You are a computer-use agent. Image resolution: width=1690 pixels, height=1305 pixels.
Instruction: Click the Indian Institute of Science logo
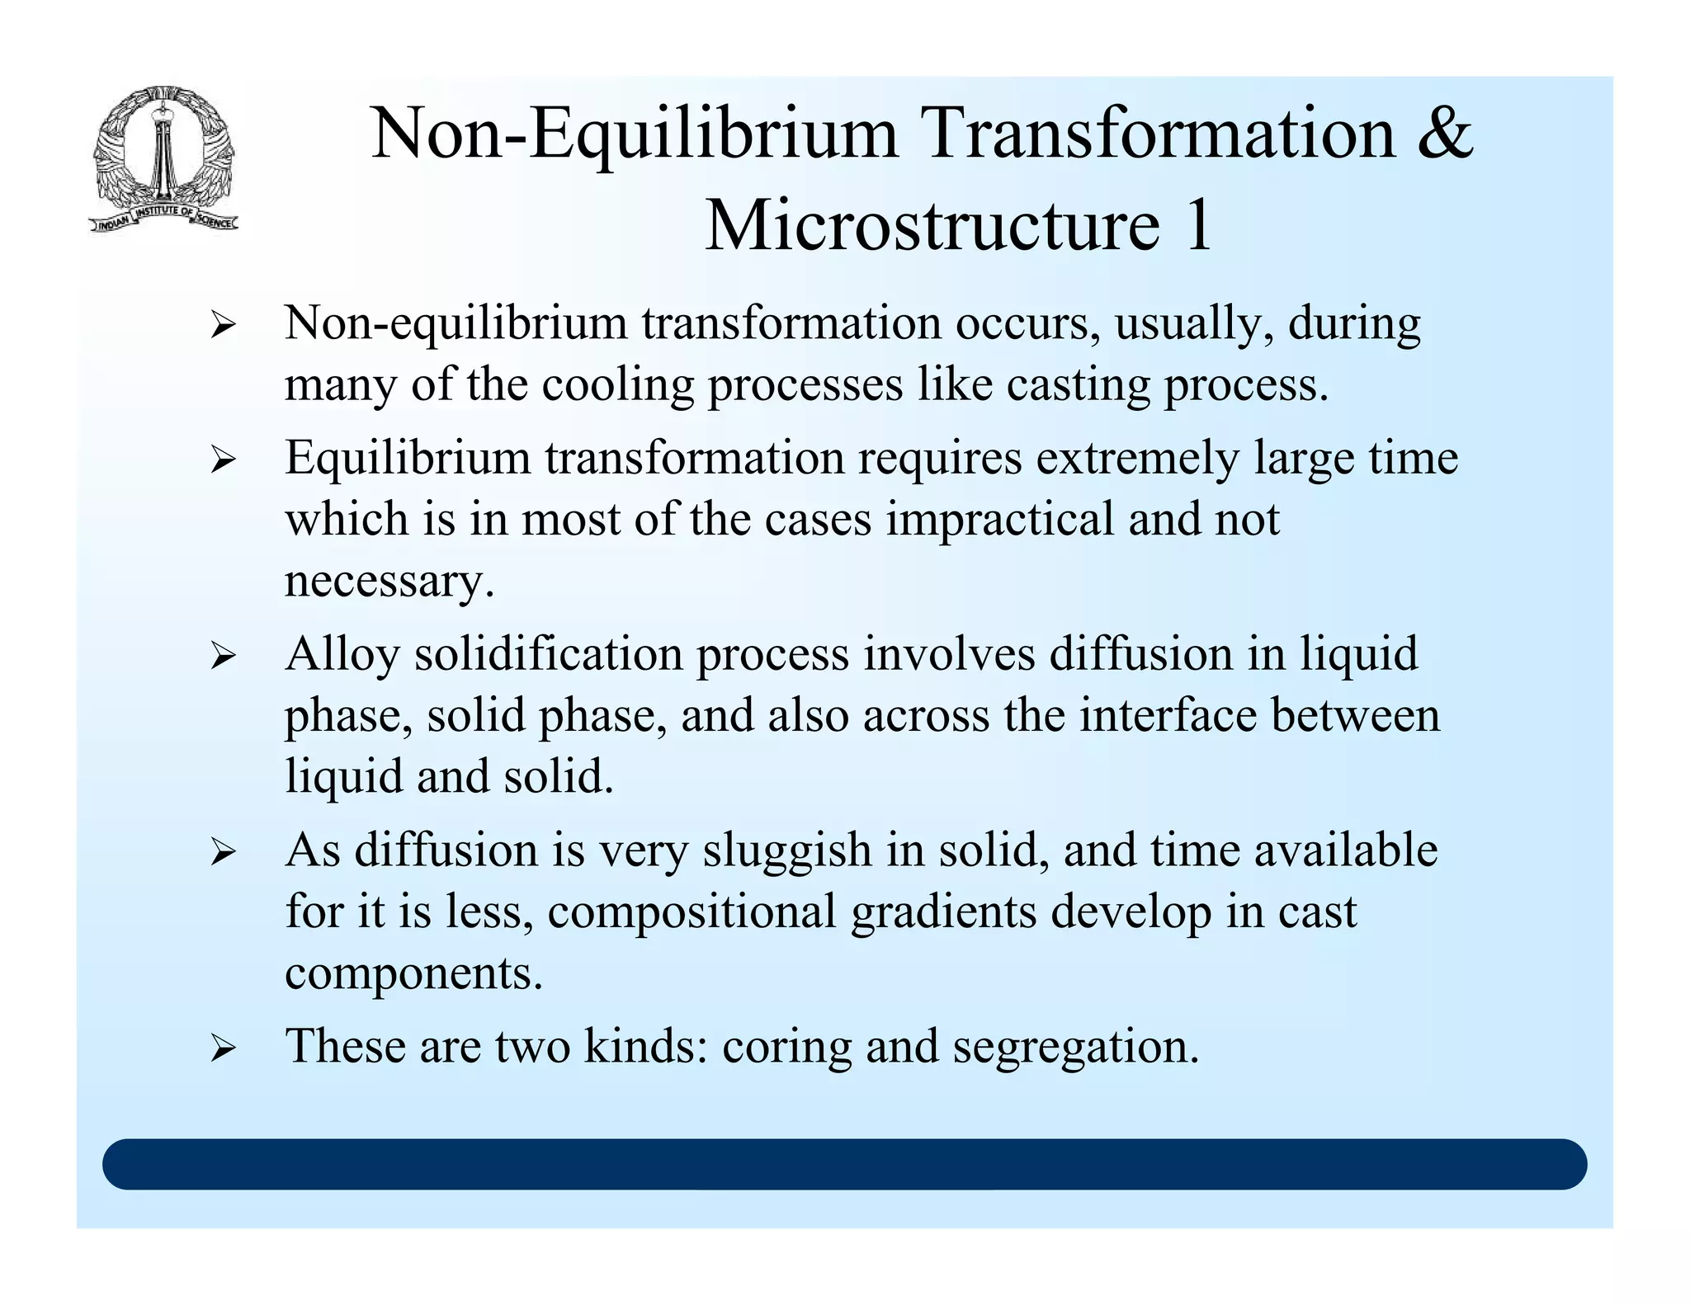pos(163,159)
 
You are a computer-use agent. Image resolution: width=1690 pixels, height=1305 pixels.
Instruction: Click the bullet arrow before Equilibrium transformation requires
pos(223,460)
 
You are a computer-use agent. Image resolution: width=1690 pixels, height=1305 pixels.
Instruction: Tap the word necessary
pos(389,582)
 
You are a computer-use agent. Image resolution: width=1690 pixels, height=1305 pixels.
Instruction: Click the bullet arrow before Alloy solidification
pos(223,657)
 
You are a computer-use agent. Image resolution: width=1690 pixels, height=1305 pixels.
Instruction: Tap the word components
pos(413,974)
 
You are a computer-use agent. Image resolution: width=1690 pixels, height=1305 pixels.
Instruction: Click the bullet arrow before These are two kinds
pos(223,1049)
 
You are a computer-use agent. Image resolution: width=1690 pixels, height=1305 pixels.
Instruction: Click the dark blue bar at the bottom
pos(844,1164)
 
